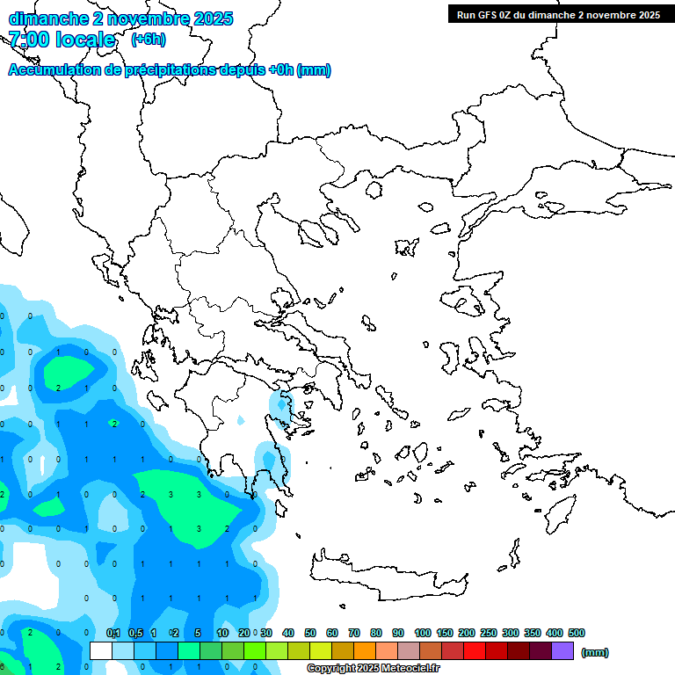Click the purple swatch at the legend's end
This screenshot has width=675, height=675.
[562, 651]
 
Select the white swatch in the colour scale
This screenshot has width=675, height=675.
[101, 651]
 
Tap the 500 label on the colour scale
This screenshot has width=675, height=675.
[576, 633]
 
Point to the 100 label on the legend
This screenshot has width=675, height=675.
[422, 633]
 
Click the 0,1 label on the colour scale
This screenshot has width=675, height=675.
[113, 633]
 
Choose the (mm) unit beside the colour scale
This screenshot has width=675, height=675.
[595, 652]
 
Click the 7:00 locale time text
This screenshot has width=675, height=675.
[62, 40]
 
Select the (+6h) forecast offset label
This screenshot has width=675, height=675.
[148, 40]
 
